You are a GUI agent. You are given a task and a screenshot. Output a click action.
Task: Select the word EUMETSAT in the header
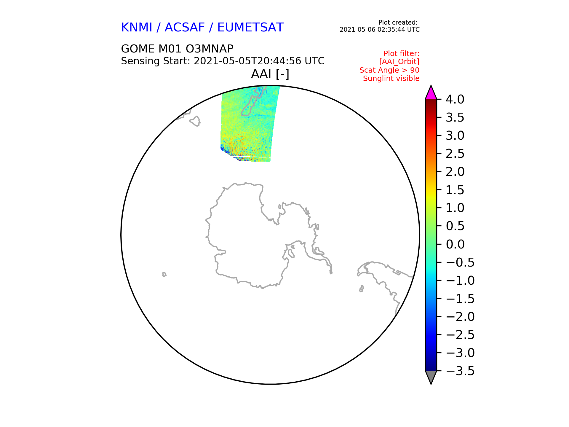click(250, 28)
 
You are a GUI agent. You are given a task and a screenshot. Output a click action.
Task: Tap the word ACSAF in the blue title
click(185, 28)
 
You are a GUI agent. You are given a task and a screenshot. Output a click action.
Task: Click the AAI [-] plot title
click(270, 74)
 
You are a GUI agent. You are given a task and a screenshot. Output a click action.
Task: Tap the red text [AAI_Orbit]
click(399, 62)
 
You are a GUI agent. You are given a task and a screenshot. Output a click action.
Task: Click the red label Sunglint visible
click(391, 79)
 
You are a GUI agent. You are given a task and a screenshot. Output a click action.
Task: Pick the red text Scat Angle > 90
click(389, 70)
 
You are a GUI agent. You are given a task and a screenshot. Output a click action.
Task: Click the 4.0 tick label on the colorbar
click(455, 100)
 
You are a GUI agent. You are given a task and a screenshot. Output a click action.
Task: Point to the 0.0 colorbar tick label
click(455, 244)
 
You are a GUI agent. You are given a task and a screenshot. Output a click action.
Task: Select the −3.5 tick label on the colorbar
click(460, 371)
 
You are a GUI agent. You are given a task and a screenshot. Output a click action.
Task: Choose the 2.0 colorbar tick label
click(455, 172)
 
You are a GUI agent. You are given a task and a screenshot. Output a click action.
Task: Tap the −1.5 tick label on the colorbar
click(460, 299)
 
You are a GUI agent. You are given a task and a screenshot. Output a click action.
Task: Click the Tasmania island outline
click(195, 121)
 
